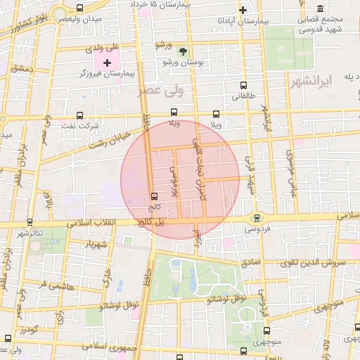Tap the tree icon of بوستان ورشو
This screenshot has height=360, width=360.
(x=184, y=51)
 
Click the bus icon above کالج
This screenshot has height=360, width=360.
(x=155, y=196)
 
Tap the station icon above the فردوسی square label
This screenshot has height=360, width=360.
(x=257, y=217)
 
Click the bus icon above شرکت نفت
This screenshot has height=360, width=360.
(x=78, y=115)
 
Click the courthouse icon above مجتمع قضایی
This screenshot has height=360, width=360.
(x=320, y=8)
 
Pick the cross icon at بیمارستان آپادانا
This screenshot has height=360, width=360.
(x=243, y=10)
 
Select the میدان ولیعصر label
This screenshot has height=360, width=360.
(x=76, y=19)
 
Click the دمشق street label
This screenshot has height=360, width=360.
(x=22, y=69)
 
